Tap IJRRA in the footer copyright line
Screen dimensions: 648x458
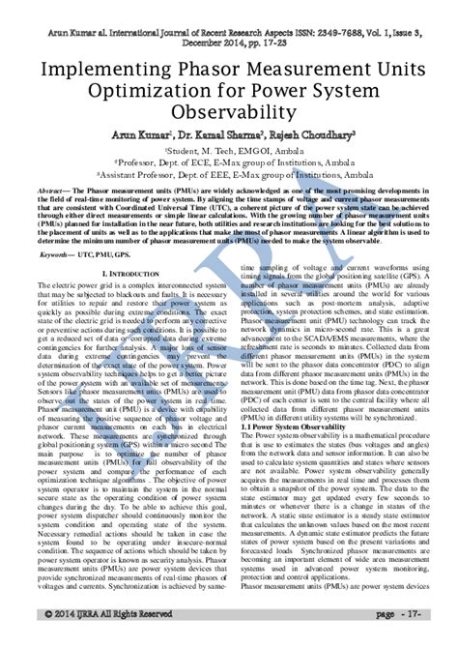(x=86, y=641)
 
